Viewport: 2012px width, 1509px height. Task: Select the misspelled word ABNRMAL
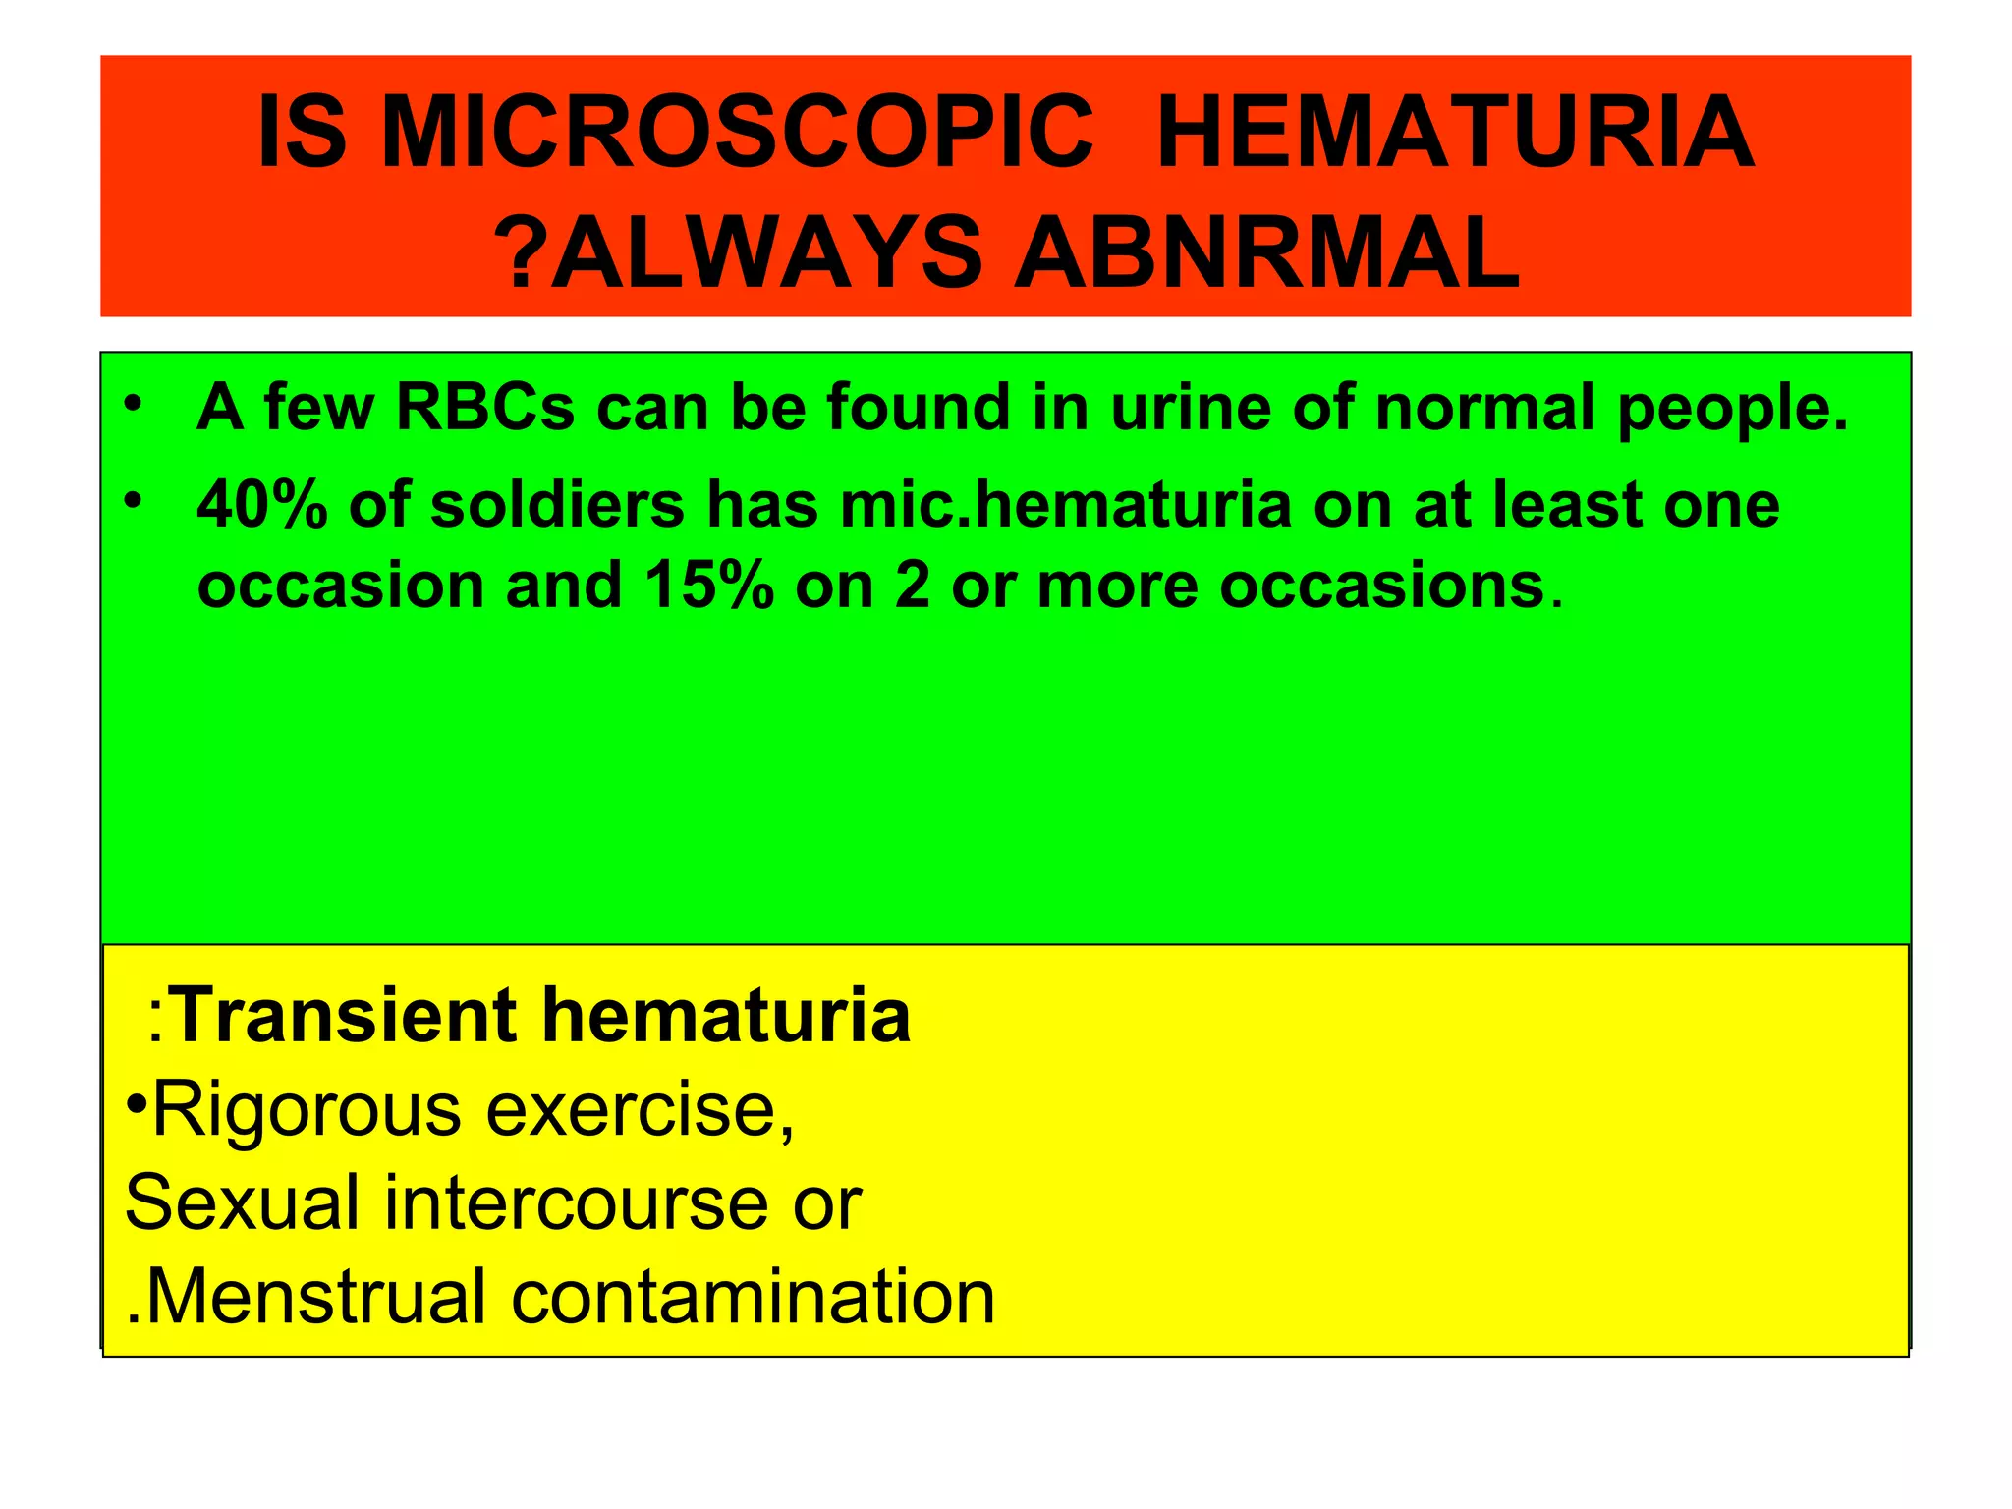[1267, 253]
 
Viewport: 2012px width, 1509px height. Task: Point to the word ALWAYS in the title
[766, 253]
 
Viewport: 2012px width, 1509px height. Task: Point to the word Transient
[344, 1015]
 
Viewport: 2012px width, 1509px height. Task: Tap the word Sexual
[242, 1202]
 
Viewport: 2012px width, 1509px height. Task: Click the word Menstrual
[315, 1297]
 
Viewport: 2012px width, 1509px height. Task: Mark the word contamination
[753, 1297]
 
